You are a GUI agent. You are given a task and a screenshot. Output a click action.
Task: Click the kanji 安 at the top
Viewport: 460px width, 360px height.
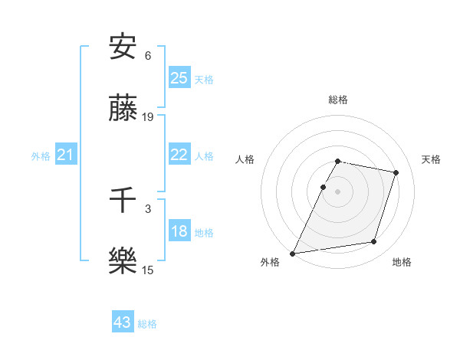click(x=123, y=47)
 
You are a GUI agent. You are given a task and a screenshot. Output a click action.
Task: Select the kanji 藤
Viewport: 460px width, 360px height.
click(x=123, y=110)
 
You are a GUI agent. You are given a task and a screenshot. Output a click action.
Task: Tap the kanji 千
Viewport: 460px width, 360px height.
click(x=123, y=201)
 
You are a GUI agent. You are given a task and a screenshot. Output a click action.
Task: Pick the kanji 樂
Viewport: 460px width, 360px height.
click(x=123, y=261)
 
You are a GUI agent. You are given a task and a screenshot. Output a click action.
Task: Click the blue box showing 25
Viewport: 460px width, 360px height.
click(x=179, y=78)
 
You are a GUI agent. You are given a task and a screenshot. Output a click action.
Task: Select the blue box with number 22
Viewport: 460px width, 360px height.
click(x=179, y=155)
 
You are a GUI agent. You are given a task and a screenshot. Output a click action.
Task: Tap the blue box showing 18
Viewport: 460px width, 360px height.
click(x=179, y=232)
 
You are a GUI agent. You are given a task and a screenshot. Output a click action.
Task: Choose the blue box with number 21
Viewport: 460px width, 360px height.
click(x=66, y=155)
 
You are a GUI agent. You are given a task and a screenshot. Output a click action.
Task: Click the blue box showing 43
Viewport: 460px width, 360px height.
click(x=123, y=322)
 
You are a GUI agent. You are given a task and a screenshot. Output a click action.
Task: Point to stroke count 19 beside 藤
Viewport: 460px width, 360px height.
click(x=148, y=117)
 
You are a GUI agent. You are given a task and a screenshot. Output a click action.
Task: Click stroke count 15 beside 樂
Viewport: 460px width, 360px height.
click(x=148, y=270)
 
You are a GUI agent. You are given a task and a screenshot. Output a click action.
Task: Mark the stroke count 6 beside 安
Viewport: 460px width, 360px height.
click(x=148, y=56)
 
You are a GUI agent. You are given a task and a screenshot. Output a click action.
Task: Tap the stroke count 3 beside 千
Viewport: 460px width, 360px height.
click(x=148, y=208)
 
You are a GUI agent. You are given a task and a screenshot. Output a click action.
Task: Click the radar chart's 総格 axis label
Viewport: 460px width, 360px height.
click(x=338, y=100)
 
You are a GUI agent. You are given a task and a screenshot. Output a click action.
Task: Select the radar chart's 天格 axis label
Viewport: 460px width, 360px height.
click(x=431, y=159)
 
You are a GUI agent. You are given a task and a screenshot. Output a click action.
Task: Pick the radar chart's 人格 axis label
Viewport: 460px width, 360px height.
click(x=245, y=159)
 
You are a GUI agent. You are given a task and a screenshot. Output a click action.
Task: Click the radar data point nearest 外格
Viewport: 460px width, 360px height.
click(x=293, y=253)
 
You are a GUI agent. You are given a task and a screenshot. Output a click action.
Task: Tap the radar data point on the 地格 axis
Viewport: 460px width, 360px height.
click(x=374, y=242)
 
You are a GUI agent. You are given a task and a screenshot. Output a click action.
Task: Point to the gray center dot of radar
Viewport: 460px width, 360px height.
click(x=338, y=191)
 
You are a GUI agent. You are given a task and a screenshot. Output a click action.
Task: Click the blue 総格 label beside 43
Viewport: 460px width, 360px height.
click(x=147, y=324)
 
